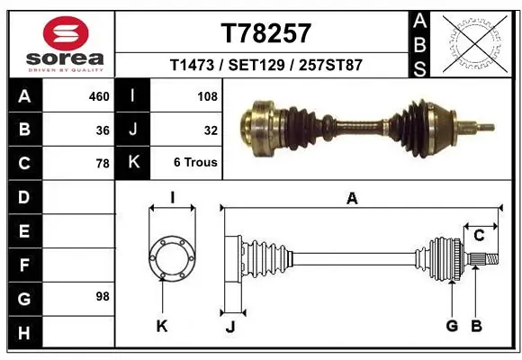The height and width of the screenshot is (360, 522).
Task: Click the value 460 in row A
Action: (x=99, y=95)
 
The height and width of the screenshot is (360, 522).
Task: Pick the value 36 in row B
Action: (x=103, y=130)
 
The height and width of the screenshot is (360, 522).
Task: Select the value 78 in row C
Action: (x=103, y=164)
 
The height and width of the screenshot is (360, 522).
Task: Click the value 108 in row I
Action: (x=206, y=95)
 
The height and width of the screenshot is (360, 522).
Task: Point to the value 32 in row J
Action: (x=211, y=130)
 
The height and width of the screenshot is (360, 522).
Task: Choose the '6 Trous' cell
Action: (x=195, y=163)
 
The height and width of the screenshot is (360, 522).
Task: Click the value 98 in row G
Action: (x=103, y=296)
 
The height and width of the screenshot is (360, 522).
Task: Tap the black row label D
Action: (x=23, y=197)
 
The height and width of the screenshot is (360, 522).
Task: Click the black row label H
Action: (x=23, y=333)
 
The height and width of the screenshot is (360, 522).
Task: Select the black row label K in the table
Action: (x=133, y=163)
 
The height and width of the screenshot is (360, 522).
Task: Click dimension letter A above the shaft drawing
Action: (x=352, y=199)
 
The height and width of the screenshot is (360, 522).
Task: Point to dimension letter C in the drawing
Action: (x=479, y=236)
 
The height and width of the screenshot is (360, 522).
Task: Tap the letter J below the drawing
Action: (x=229, y=327)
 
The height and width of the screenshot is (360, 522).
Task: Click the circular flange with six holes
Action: (x=171, y=259)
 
